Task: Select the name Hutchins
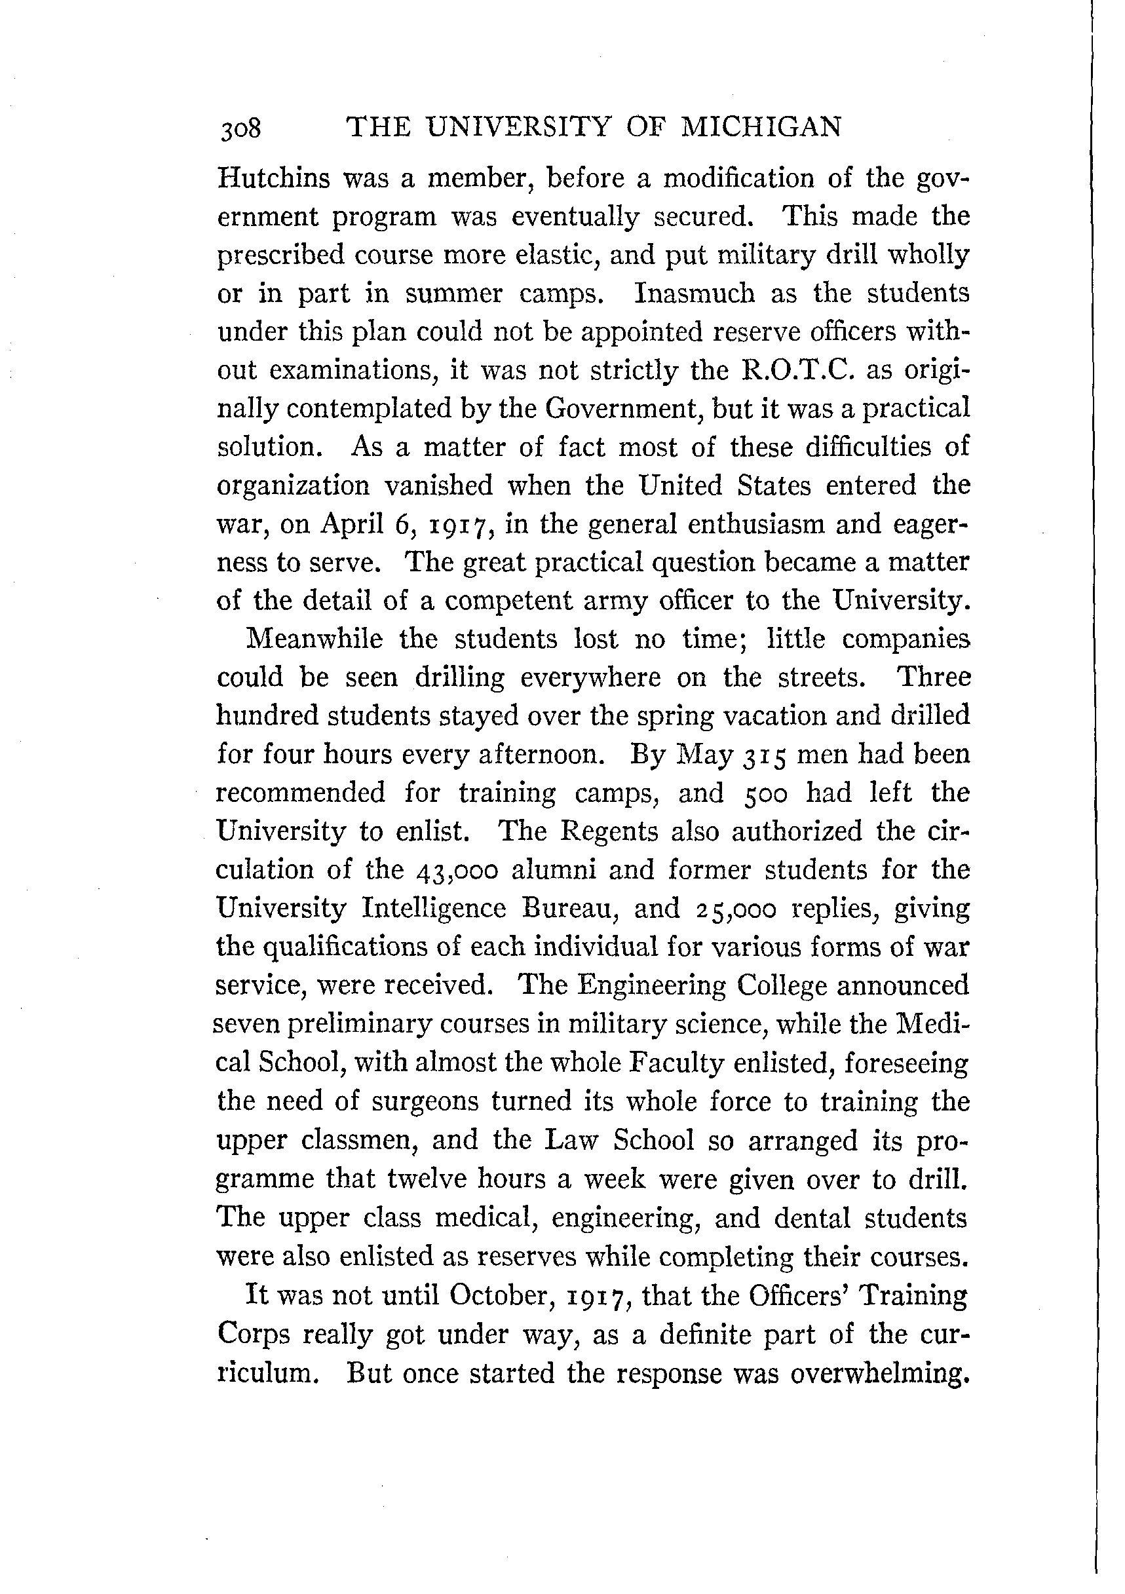[x=274, y=178]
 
